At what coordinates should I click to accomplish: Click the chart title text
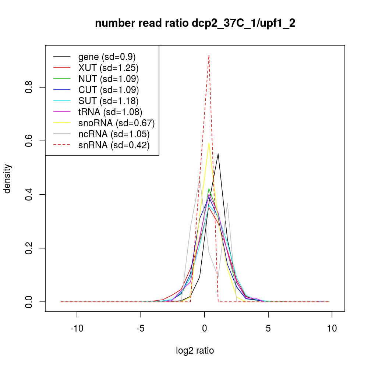tap(195, 24)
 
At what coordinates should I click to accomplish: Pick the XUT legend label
tap(108, 68)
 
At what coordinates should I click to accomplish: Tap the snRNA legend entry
tap(114, 145)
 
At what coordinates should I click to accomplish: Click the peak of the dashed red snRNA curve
tap(209, 56)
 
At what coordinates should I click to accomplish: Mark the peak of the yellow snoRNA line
tap(209, 144)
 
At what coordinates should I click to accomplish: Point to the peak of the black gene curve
tap(218, 154)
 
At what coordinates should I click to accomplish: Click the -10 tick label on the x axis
tap(77, 328)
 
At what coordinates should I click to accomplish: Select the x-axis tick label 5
tap(268, 328)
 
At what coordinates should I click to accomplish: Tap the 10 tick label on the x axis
tap(332, 328)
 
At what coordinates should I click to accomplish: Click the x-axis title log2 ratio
tap(195, 350)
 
